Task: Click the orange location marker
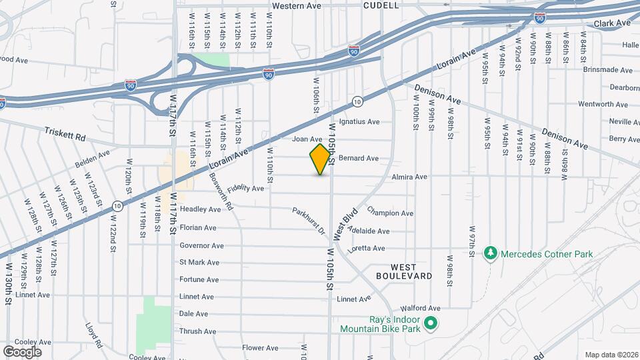coord(321,159)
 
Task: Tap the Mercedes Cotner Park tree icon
coord(491,253)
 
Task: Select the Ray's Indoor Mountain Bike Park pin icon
coord(431,324)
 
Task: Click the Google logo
coord(22,351)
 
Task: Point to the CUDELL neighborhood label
coord(381,5)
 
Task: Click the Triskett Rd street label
coord(65,136)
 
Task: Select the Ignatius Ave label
coord(359,122)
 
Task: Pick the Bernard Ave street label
coord(359,159)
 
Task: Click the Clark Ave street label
coord(612,23)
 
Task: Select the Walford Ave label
coord(421,309)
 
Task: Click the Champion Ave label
coord(390,213)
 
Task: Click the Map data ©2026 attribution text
coord(611,354)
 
